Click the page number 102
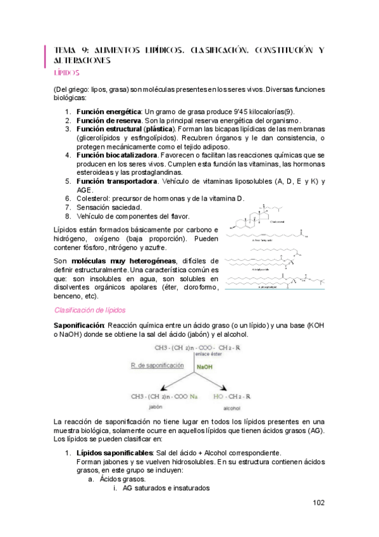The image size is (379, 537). pos(318,503)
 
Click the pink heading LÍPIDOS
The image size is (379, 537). pos(66,73)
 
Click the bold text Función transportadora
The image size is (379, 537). pos(116,181)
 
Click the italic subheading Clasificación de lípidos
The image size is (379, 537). pos(90,310)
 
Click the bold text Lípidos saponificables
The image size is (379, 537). pos(115,453)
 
